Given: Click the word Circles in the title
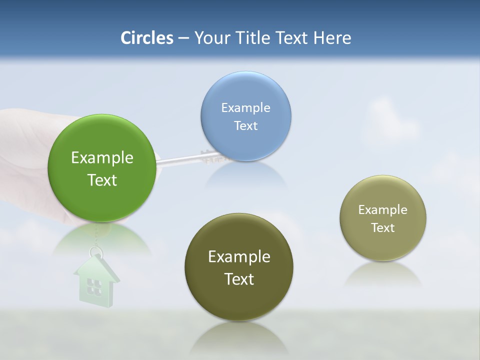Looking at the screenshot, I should point(147,38).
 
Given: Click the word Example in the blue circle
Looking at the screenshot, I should point(245,107).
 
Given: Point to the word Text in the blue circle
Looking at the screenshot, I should point(245,125).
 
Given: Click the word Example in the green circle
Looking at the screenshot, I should point(102,157).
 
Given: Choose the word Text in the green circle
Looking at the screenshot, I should point(102,180).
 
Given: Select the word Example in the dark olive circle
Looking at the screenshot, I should point(239,256).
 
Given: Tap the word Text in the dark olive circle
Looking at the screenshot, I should point(239,279).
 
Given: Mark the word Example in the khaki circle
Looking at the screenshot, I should point(383,209).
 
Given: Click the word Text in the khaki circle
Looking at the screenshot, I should point(383,227).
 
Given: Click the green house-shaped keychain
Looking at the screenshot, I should point(96,282).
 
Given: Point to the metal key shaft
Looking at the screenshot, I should point(180,159).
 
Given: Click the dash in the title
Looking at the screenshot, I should point(183,38).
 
